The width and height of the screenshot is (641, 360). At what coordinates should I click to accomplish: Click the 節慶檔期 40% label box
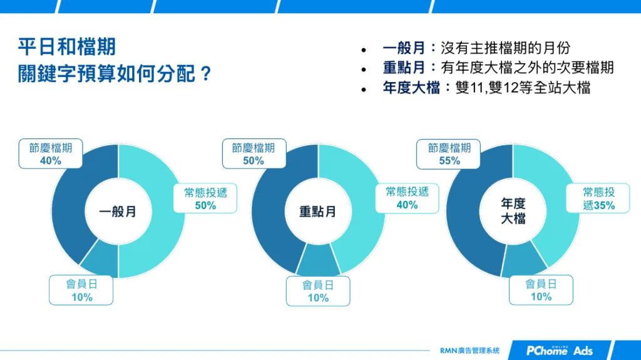pos(51,154)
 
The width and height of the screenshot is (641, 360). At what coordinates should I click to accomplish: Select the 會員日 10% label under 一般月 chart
pos(81,291)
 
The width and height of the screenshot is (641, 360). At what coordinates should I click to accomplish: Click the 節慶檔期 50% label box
pos(254,154)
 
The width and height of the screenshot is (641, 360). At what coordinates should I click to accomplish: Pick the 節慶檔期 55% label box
pos(449,154)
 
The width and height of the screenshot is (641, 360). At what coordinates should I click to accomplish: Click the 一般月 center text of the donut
pos(118,212)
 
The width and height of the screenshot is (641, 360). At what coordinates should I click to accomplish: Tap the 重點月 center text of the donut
pos(317,212)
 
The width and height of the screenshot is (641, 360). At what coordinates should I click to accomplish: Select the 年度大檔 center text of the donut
pos(513,211)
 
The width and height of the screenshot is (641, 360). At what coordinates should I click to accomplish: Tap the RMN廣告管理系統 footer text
pos(470,351)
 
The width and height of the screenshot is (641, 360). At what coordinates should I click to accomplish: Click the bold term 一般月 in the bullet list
pos(404,48)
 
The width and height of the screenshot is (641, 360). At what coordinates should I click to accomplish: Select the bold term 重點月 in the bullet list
pos(404,68)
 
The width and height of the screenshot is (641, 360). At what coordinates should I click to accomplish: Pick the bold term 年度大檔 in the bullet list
pos(411,88)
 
